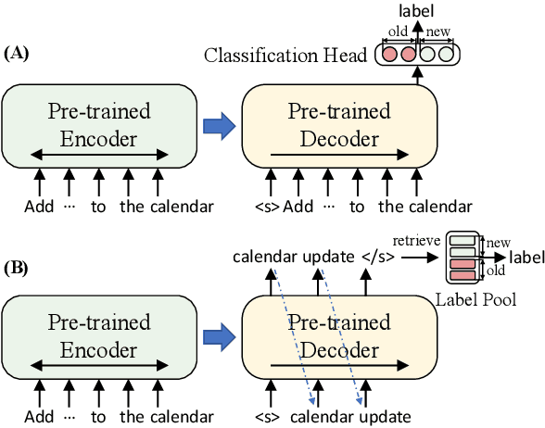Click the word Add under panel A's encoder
click(38, 206)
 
